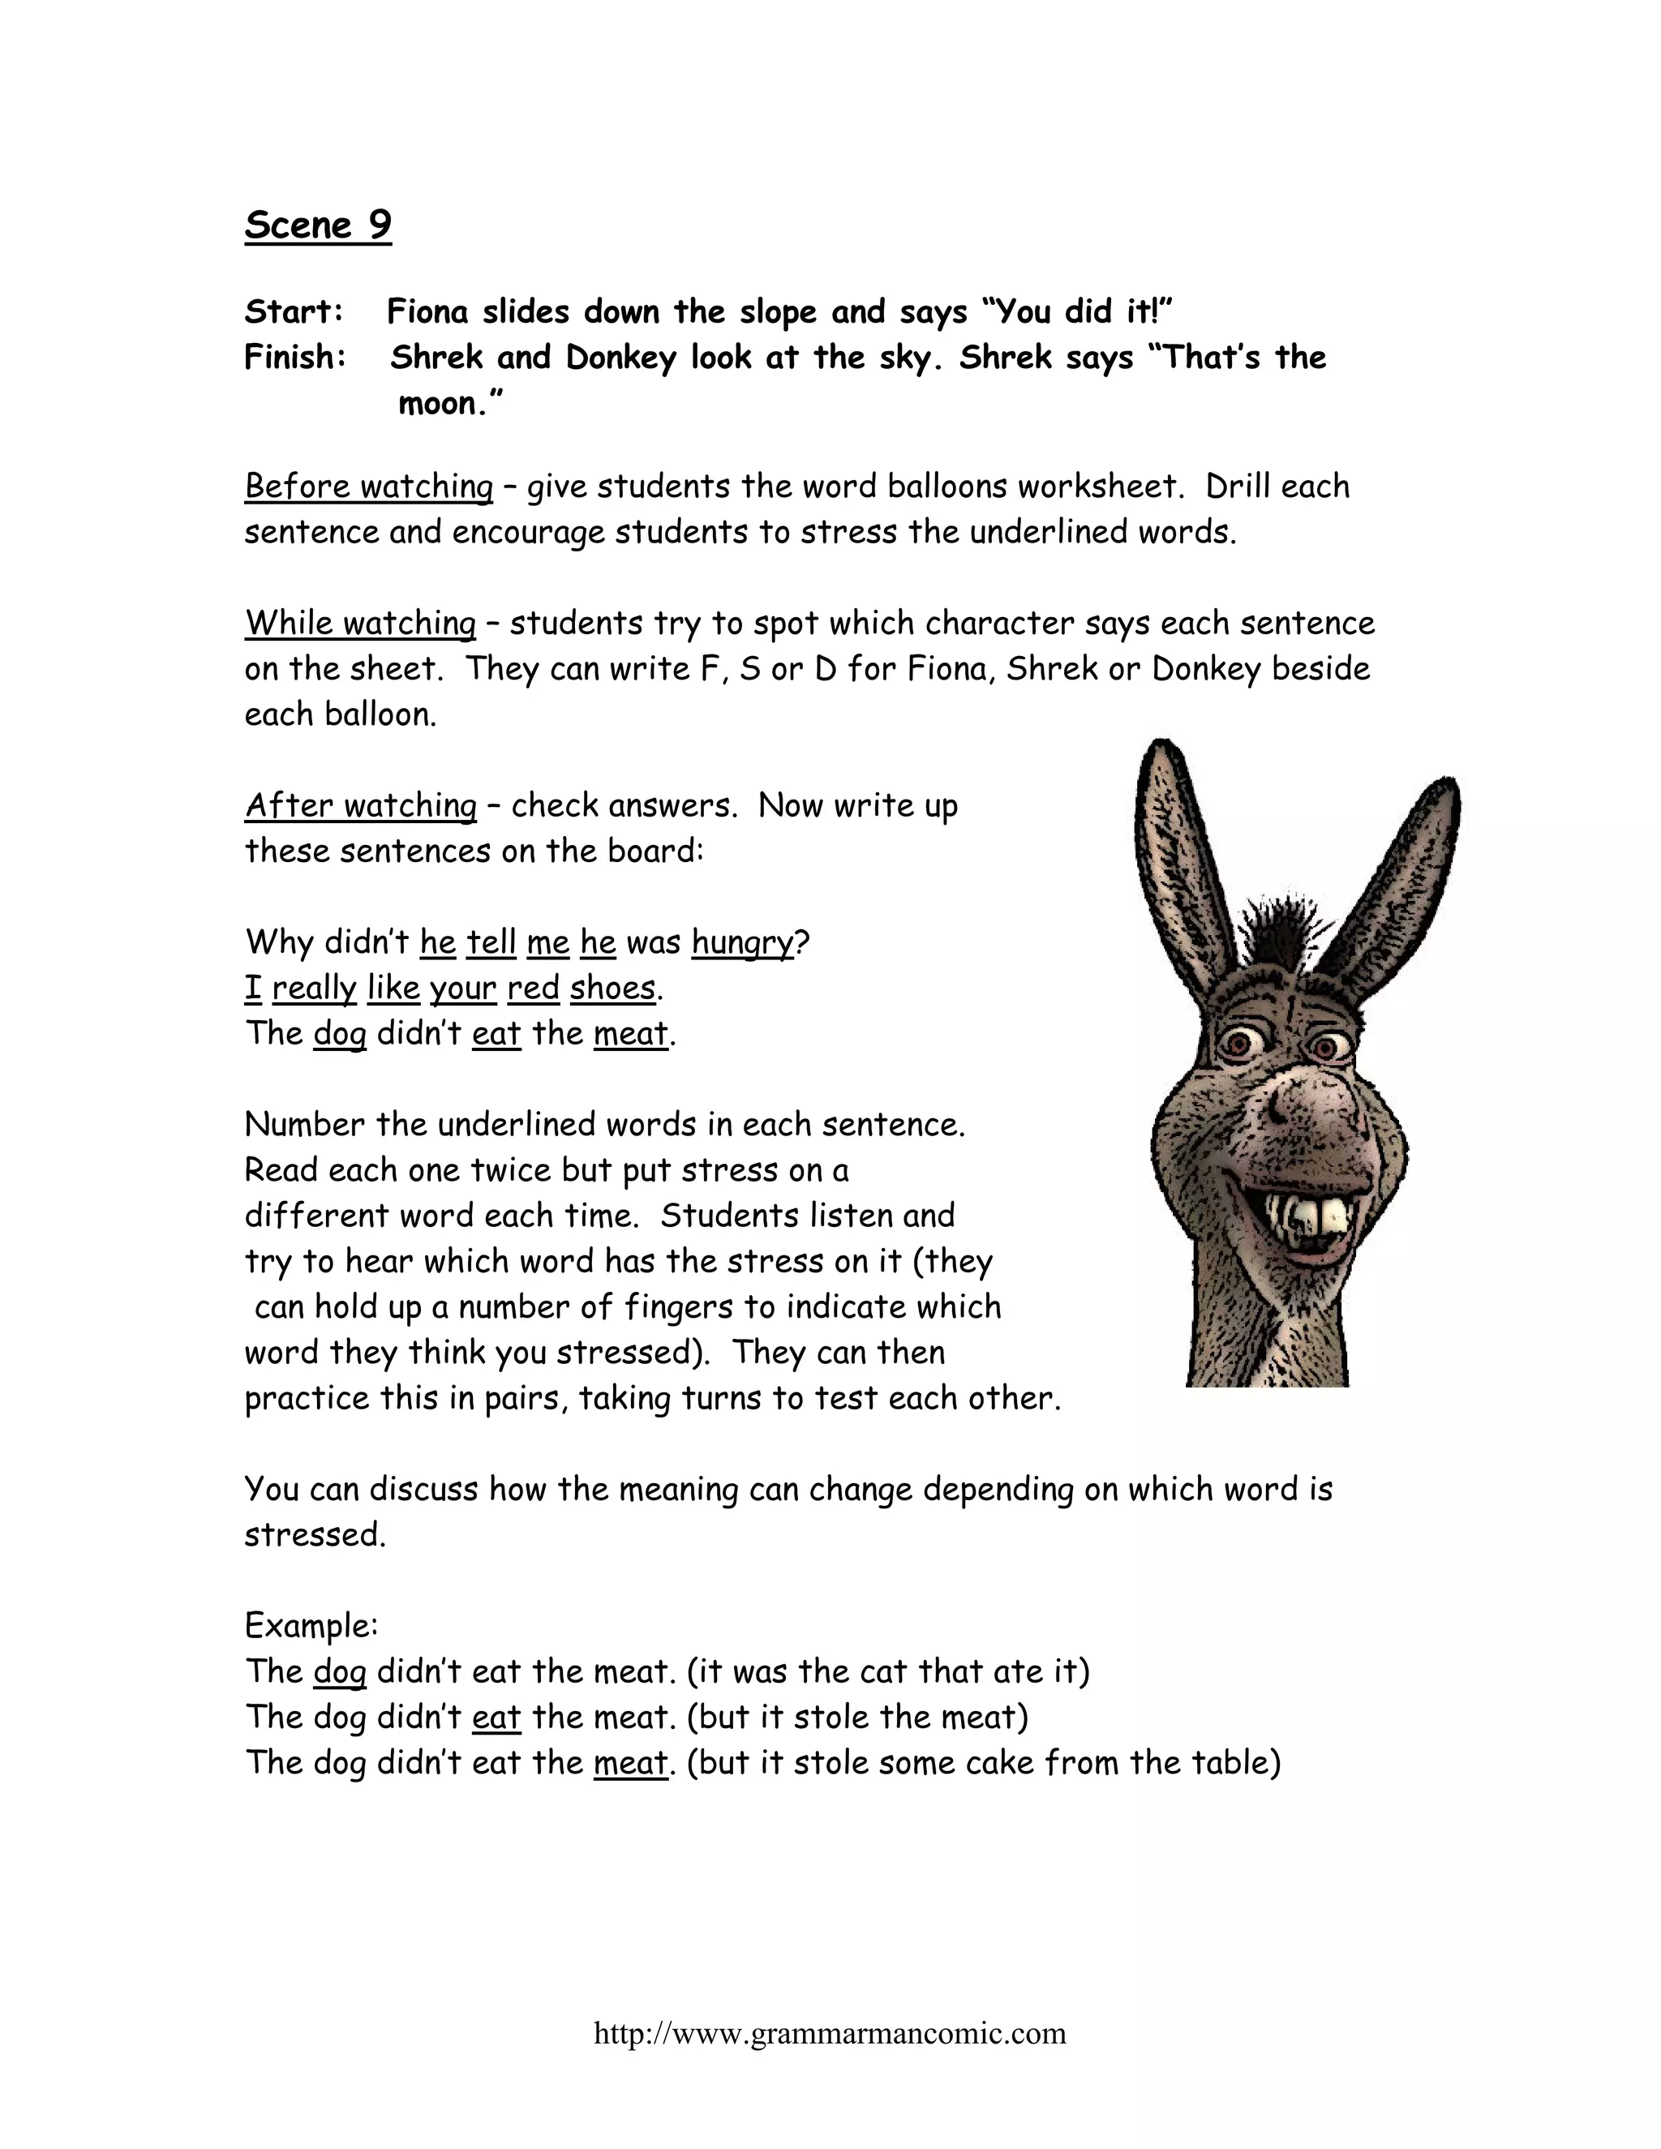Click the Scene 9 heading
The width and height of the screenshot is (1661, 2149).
pos(318,225)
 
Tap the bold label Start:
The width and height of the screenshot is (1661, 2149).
pos(294,312)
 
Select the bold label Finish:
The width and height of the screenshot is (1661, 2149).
pos(295,357)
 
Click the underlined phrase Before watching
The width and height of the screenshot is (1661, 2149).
pos(368,486)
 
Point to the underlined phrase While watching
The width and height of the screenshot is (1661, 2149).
pos(360,623)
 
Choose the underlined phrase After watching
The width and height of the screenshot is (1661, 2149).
pos(360,805)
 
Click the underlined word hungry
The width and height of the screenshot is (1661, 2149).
pos(742,942)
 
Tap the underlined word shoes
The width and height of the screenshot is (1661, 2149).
pos(612,988)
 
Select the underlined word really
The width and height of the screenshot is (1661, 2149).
pos(314,988)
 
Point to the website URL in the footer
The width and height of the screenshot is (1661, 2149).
pos(830,2033)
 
